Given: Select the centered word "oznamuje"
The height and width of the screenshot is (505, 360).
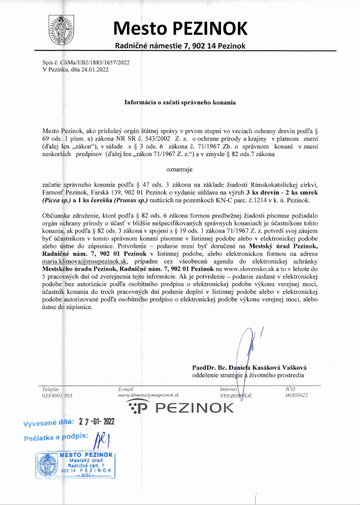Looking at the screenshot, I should click(x=179, y=169).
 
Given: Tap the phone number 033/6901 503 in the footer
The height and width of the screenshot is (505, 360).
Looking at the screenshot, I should click(x=57, y=395).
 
